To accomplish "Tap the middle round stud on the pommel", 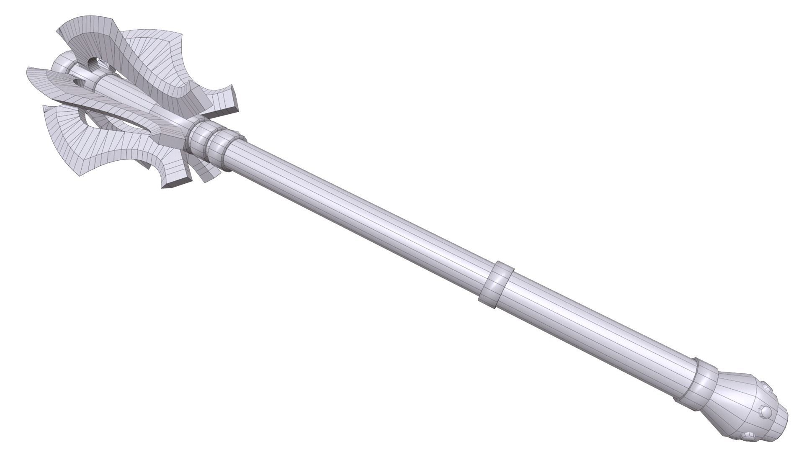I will click(766, 412).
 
